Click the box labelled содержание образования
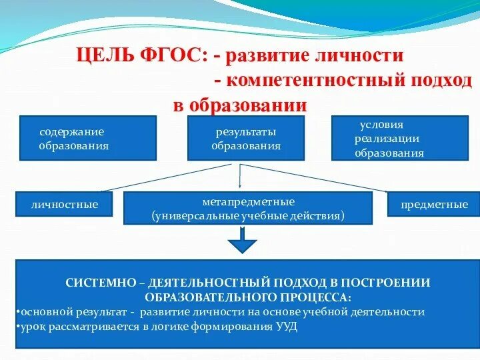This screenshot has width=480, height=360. (87, 138)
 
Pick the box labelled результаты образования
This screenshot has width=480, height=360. (245, 138)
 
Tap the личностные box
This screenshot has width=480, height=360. (64, 205)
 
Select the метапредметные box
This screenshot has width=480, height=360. (248, 208)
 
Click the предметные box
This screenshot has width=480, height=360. (433, 204)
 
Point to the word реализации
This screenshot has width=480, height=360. (387, 139)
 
